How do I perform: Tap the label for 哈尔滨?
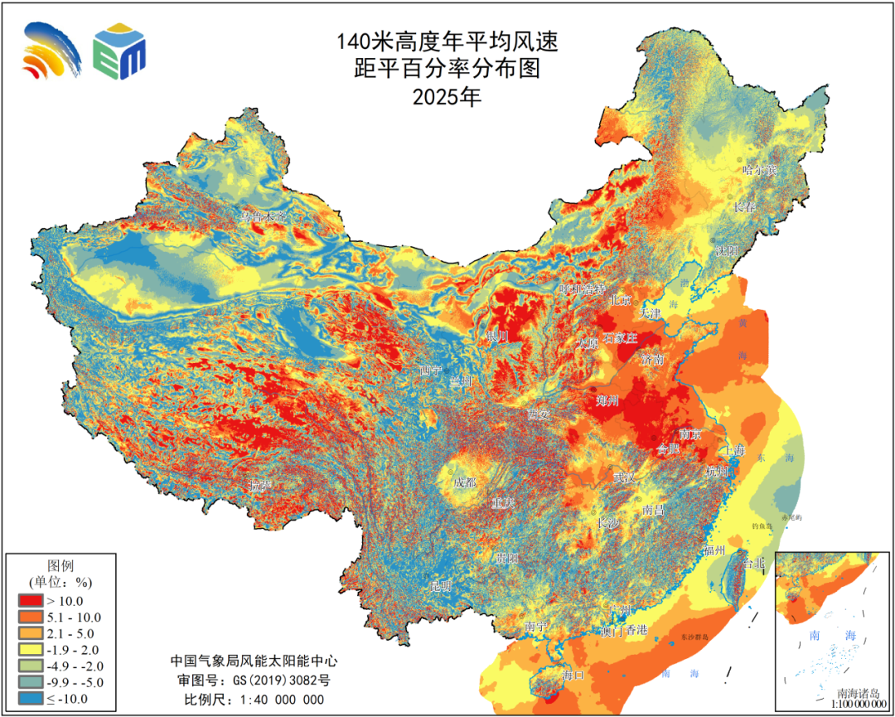tap(760, 170)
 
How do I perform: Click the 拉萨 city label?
tap(260, 485)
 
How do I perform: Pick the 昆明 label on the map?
tap(441, 587)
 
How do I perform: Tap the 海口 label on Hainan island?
tap(573, 675)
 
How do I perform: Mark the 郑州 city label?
tap(607, 401)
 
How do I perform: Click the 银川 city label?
tap(497, 337)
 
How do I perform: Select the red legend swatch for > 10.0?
tap(31, 601)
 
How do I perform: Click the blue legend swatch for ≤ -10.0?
tap(31, 699)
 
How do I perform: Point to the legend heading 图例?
tap(61, 564)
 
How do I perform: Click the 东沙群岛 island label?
tap(685, 637)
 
